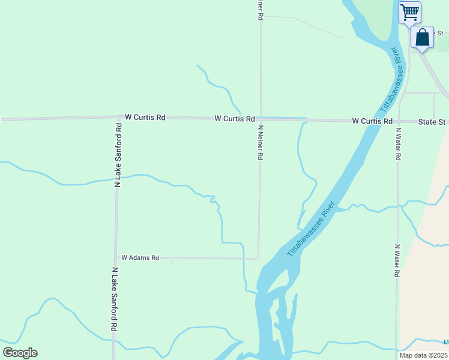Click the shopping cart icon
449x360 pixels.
coord(409,11)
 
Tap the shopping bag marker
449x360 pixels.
coord(423,37)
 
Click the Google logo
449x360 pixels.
coord(20,353)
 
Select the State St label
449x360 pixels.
coord(432,122)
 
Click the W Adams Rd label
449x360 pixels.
coord(140,257)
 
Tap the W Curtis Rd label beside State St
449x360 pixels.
coord(372,121)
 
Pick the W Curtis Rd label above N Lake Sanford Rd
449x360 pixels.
coord(145,118)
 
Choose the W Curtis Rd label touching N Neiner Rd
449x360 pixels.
coord(235,119)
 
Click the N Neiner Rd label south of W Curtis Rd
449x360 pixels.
coord(261,142)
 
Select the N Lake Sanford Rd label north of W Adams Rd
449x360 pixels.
coord(118,156)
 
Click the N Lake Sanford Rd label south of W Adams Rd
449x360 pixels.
coord(113,300)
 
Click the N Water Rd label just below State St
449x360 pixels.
coord(397,143)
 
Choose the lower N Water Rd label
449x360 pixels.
coord(397,260)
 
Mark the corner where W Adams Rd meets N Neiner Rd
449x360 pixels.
coord(258,258)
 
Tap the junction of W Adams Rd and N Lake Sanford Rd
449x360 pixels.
coord(116,258)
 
